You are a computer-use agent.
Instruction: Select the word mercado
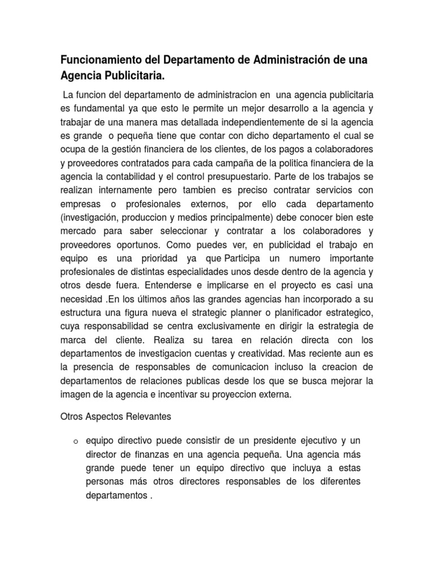pyautogui.click(x=77, y=231)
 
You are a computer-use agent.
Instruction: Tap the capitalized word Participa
pyautogui.click(x=244, y=258)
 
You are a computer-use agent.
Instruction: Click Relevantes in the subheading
pyautogui.click(x=146, y=417)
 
